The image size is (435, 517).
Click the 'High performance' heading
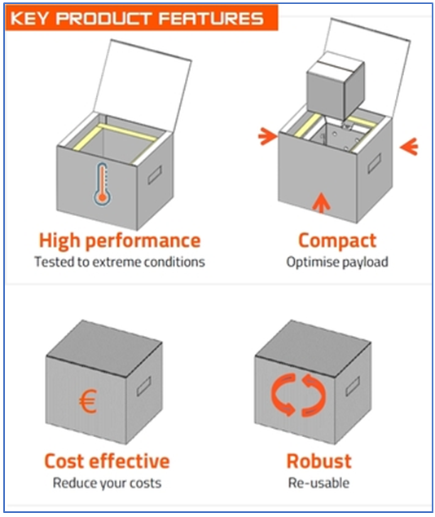click(119, 241)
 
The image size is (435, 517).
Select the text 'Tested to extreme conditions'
click(119, 262)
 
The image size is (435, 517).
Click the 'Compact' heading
click(337, 241)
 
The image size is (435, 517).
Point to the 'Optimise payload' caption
click(337, 262)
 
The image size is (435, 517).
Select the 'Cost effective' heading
click(107, 461)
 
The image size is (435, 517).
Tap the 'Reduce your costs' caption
click(107, 482)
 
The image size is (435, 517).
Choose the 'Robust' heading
click(319, 461)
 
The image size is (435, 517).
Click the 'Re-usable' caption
click(319, 482)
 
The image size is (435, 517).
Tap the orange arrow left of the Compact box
click(267, 136)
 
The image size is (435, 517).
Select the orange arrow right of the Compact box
click(410, 147)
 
